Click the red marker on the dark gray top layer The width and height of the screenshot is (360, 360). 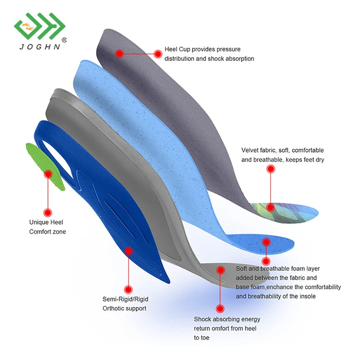[120, 54]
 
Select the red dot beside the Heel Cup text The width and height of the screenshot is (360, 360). [158, 54]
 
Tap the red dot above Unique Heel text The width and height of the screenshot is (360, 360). [47, 212]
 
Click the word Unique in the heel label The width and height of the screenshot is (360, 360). [39, 222]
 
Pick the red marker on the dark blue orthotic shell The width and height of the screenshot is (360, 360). [129, 251]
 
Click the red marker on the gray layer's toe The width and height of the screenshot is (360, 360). [221, 270]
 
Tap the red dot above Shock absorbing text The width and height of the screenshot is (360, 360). [220, 309]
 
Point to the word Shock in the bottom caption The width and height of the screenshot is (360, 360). [203, 319]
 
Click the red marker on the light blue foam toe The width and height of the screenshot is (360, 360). [266, 242]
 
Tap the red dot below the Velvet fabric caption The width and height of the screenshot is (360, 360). [271, 169]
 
